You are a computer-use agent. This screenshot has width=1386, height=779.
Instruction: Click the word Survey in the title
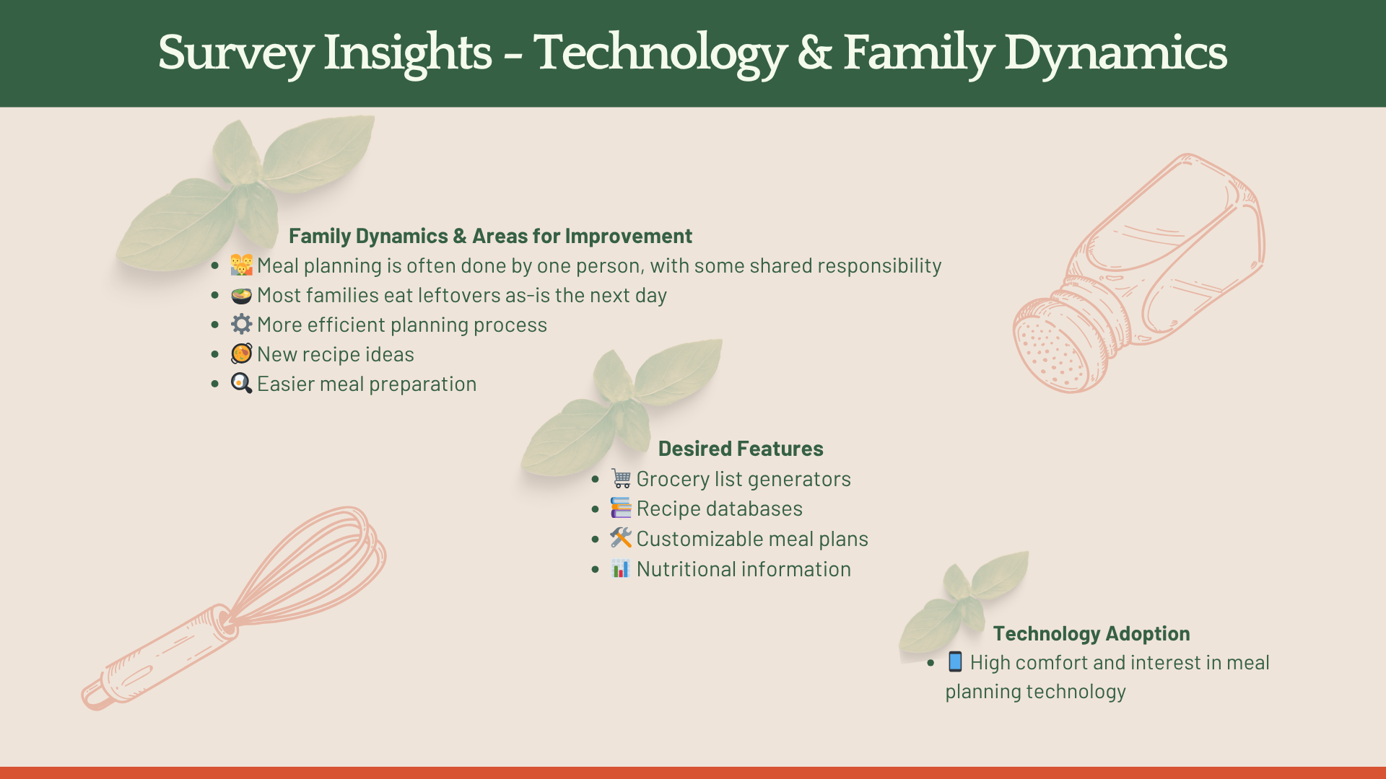click(235, 53)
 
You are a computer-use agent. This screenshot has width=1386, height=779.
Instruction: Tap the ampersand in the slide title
click(815, 53)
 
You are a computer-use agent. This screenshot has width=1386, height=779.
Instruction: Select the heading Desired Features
click(741, 449)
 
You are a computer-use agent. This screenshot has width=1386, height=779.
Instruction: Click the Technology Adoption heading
click(1091, 633)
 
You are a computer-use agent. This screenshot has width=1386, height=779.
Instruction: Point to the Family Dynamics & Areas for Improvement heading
click(490, 236)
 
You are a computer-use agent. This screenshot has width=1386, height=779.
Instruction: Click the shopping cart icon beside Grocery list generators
click(621, 478)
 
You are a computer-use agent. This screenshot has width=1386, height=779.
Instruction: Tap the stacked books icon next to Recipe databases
click(621, 508)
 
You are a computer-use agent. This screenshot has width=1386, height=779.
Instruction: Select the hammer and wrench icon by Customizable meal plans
click(621, 538)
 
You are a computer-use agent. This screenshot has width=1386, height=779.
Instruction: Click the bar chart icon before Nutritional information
click(621, 568)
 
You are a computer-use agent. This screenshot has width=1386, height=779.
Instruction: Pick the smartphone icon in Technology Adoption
click(955, 661)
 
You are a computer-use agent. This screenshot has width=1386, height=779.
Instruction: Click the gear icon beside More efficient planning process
click(241, 324)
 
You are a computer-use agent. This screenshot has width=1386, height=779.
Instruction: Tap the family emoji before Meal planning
click(241, 265)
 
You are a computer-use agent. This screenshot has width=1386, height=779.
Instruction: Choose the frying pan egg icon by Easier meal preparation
click(241, 383)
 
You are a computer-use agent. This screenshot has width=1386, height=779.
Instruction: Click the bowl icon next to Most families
click(241, 295)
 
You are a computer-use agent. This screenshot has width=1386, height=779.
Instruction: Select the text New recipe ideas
click(336, 354)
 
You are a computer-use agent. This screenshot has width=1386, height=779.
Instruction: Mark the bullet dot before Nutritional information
click(595, 569)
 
